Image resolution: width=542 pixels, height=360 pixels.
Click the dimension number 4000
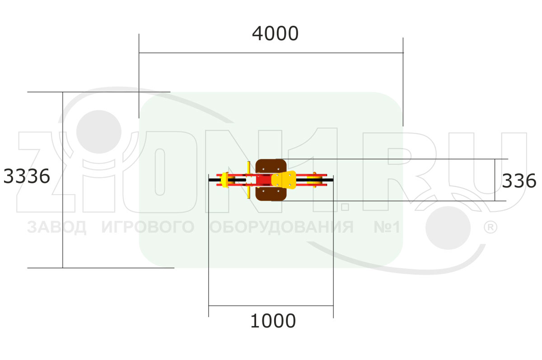[275, 33]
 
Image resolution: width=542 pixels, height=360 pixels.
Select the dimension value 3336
[27, 176]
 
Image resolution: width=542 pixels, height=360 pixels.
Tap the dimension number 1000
[273, 321]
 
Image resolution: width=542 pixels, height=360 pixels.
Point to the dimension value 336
[519, 181]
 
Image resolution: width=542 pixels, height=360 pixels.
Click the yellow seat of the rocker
[284, 180]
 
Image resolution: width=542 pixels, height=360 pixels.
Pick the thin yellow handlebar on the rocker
[248, 180]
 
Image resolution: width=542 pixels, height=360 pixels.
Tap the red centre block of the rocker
[264, 180]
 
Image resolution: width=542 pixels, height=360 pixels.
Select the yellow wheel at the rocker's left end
[225, 180]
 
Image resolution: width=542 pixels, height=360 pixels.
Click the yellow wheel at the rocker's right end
[314, 180]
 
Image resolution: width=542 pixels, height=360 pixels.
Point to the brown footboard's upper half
[271, 167]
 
